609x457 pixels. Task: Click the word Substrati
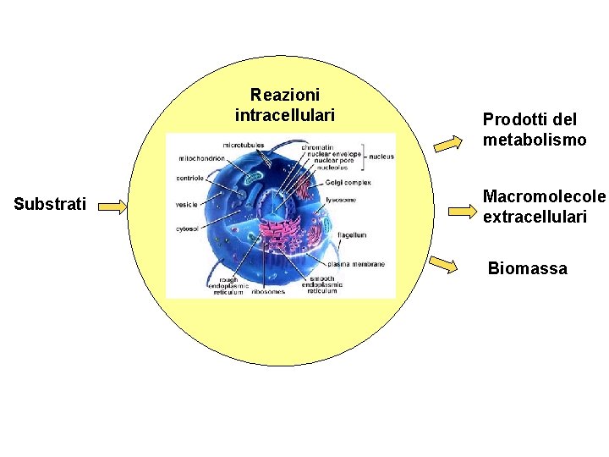50,205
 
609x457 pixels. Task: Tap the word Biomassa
528,269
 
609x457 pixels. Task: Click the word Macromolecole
544,196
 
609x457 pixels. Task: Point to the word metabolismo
535,140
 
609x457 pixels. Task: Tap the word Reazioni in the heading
285,95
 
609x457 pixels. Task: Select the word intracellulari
285,114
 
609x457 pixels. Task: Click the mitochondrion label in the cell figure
201,158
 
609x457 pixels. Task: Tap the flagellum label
351,234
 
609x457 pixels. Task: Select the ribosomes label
268,292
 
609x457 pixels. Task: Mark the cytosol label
187,228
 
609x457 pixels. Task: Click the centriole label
189,179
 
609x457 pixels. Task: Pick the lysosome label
340,200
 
